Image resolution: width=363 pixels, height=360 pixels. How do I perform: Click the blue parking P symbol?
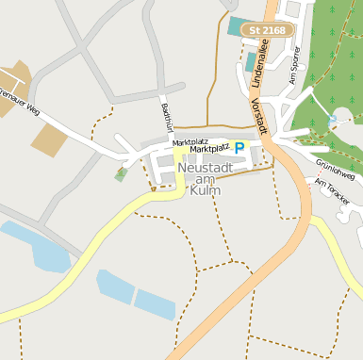[x=239, y=148]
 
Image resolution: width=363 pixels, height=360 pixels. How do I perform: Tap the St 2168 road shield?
[x=268, y=30]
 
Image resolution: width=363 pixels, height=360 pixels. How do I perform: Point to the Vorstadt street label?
[x=257, y=114]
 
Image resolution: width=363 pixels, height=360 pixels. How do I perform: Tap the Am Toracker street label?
[x=333, y=192]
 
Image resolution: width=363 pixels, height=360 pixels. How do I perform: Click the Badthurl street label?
[x=167, y=117]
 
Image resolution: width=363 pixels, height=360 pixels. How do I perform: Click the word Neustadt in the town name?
[x=205, y=168]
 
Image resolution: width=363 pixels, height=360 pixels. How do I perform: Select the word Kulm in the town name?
[x=205, y=190]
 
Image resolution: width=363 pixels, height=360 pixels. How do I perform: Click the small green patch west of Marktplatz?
[x=121, y=173]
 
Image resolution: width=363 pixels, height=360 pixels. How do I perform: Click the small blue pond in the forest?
[x=333, y=120]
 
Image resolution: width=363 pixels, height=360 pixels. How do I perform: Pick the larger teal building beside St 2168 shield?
[x=241, y=25]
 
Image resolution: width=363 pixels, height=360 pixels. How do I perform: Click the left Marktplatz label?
[x=189, y=142]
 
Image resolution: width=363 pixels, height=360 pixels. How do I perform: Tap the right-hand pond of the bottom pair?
[x=155, y=304]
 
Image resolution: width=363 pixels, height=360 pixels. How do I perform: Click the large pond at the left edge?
[x=38, y=246]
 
